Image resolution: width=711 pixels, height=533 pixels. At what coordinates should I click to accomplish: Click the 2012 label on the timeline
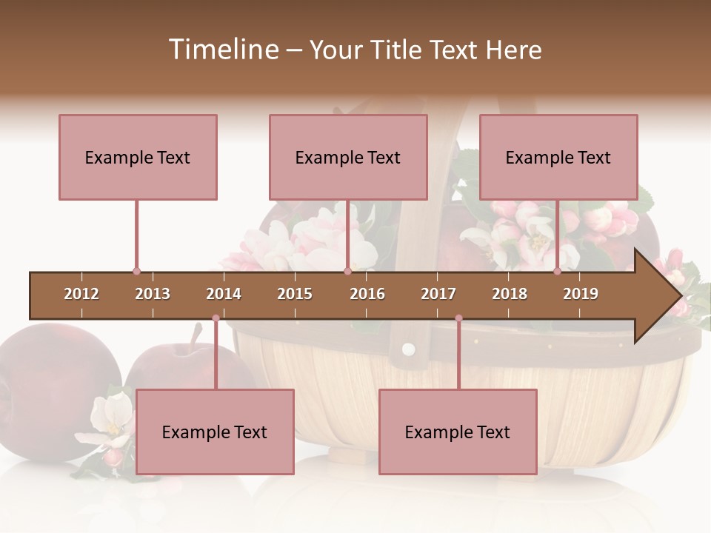point(81,294)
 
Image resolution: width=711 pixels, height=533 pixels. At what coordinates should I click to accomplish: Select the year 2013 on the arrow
point(153,294)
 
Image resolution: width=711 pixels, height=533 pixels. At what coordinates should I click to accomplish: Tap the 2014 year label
point(224,294)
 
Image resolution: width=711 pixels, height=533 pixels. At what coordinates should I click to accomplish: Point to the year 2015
point(295,294)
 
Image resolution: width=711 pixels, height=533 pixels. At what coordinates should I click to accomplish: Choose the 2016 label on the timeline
point(367,294)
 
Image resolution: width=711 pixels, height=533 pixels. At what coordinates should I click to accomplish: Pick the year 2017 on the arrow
point(438,294)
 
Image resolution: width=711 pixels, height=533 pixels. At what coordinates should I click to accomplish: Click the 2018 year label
point(510,294)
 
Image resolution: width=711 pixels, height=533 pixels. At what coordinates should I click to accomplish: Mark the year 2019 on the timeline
point(581,294)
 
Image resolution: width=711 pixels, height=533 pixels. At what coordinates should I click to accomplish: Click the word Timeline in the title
point(222,50)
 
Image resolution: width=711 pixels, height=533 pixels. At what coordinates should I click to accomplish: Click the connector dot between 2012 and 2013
point(136,272)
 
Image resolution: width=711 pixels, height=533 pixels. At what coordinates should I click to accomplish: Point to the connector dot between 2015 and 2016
point(347,272)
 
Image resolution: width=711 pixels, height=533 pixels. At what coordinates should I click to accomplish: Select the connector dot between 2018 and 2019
point(558,272)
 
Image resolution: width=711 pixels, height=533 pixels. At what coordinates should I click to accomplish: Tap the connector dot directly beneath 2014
point(216,318)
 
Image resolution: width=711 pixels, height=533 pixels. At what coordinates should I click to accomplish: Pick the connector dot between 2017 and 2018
point(458,318)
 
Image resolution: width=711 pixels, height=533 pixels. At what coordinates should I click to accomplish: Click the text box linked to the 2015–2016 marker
point(348,157)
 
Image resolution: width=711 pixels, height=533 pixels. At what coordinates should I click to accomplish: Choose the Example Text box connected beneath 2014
point(215,432)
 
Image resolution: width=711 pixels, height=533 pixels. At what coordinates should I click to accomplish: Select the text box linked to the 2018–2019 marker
point(558,157)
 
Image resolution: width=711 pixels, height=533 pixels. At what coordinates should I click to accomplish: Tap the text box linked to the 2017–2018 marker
point(458,432)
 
